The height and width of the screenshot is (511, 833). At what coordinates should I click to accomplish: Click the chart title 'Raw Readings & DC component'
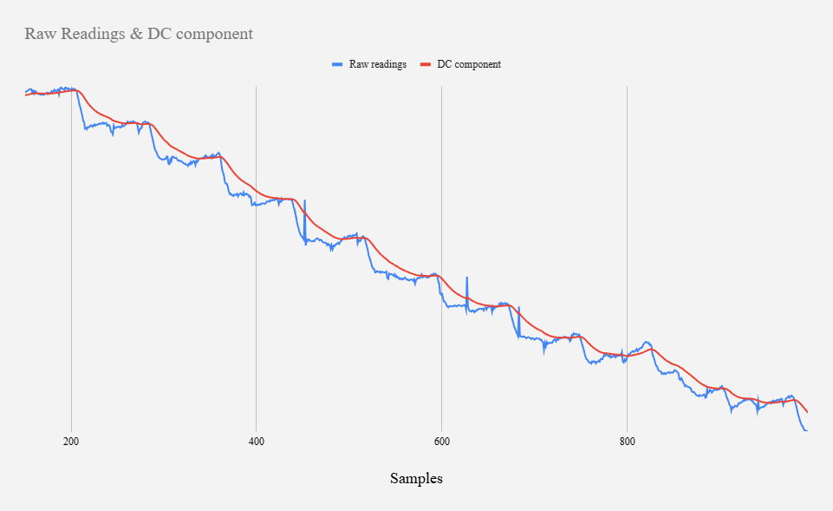pos(139,35)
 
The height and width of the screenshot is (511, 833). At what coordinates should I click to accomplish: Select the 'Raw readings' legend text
pos(378,64)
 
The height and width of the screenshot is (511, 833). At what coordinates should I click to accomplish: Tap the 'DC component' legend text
pos(469,64)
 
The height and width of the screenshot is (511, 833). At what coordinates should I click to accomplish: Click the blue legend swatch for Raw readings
pos(337,65)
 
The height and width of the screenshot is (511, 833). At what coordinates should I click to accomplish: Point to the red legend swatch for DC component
pos(426,65)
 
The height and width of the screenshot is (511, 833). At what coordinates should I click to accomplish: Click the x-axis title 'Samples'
pos(416,478)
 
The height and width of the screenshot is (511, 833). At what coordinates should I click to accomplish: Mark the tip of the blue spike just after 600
pos(467,278)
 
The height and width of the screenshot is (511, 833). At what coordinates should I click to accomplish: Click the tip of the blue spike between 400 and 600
pos(304,200)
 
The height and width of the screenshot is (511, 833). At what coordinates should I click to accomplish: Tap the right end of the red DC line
pos(807,412)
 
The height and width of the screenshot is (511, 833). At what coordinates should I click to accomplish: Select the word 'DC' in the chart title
pos(159,35)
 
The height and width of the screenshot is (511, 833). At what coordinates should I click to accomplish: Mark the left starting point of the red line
pos(26,95)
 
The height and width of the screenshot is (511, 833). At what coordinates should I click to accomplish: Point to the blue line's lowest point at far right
pos(805,430)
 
